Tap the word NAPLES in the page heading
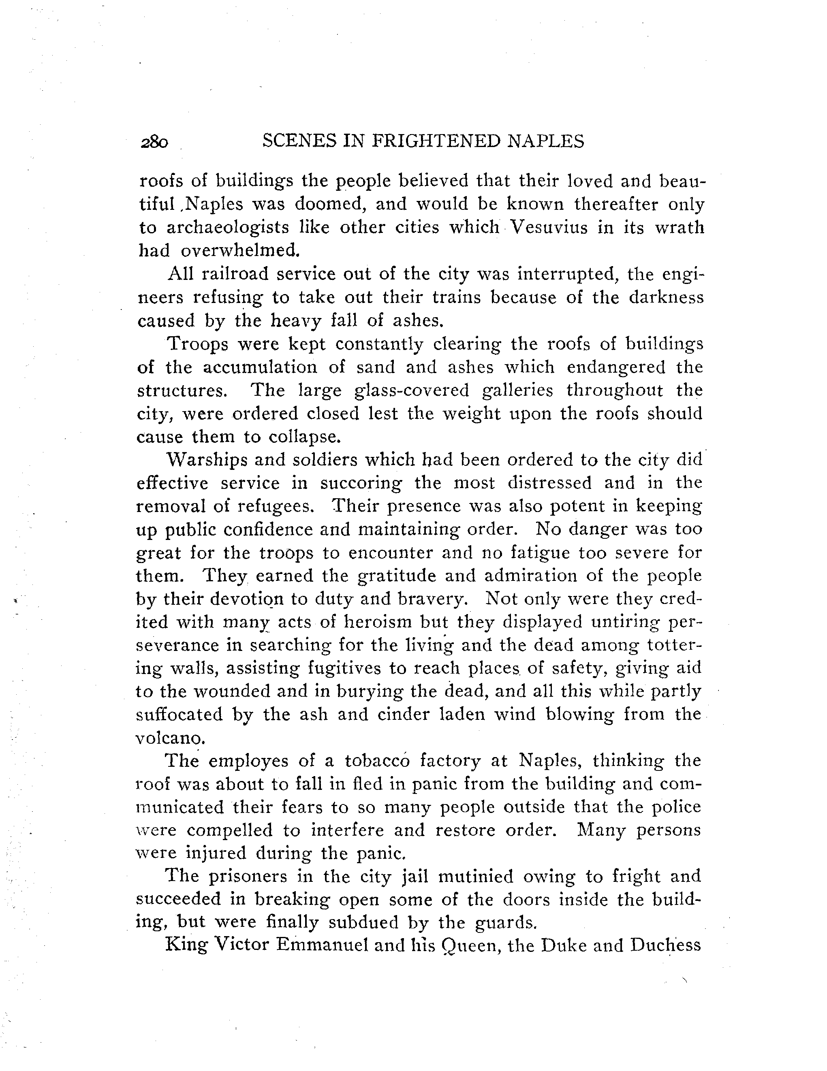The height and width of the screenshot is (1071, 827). [545, 141]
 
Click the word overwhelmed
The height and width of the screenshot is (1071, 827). [239, 251]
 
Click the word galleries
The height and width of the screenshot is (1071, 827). [517, 390]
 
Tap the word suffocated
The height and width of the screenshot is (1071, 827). [179, 714]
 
